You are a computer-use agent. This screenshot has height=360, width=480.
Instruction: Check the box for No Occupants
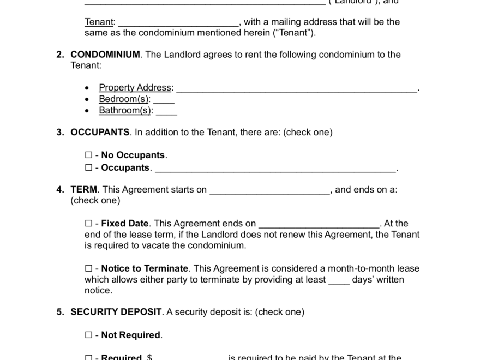click(x=88, y=155)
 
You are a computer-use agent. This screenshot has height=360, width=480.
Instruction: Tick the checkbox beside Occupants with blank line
click(x=88, y=168)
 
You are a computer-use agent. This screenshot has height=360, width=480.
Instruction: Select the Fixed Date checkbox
click(x=88, y=224)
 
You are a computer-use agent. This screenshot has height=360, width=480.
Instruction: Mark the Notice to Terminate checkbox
click(x=88, y=269)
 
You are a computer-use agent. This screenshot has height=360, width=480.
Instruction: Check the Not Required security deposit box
click(x=88, y=335)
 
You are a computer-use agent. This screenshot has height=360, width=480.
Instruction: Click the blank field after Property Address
click(x=297, y=89)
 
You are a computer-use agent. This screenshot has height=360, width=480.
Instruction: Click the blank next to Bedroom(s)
click(x=164, y=100)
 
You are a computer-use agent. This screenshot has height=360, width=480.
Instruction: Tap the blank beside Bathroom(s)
click(x=166, y=112)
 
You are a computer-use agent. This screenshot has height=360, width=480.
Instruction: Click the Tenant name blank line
click(x=178, y=23)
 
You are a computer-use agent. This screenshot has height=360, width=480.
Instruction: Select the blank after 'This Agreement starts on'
click(x=269, y=191)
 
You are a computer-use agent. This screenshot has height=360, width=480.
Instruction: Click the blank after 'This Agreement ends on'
click(x=319, y=225)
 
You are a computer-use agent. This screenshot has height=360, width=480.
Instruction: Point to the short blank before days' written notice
click(x=339, y=281)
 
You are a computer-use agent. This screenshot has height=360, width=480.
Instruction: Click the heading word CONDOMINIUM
click(x=105, y=55)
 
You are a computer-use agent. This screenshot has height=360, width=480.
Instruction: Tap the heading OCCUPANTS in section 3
click(x=100, y=133)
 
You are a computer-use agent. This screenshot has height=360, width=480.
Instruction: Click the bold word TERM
click(x=83, y=190)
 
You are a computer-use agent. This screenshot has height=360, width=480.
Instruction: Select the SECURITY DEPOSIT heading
click(x=116, y=313)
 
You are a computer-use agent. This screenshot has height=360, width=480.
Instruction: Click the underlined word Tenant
click(x=99, y=22)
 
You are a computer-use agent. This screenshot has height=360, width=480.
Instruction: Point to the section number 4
click(x=59, y=190)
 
